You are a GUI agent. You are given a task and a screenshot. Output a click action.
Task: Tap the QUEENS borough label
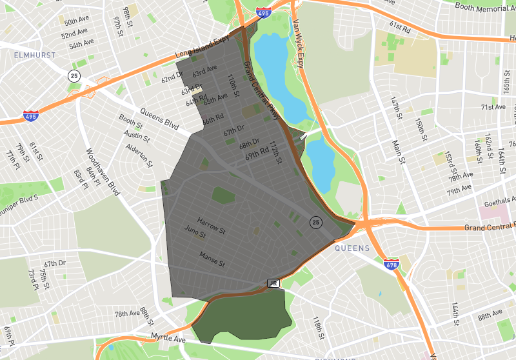(352, 248)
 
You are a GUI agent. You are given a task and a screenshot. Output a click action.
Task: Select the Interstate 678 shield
(391, 265)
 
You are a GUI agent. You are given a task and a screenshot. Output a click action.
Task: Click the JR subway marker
(273, 283)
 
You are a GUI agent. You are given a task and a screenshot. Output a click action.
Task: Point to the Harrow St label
(212, 225)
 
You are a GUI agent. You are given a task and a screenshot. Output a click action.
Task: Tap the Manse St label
(212, 259)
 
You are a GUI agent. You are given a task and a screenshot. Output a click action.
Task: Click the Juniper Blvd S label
(19, 194)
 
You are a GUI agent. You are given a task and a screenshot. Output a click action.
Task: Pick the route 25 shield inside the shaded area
(315, 223)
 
